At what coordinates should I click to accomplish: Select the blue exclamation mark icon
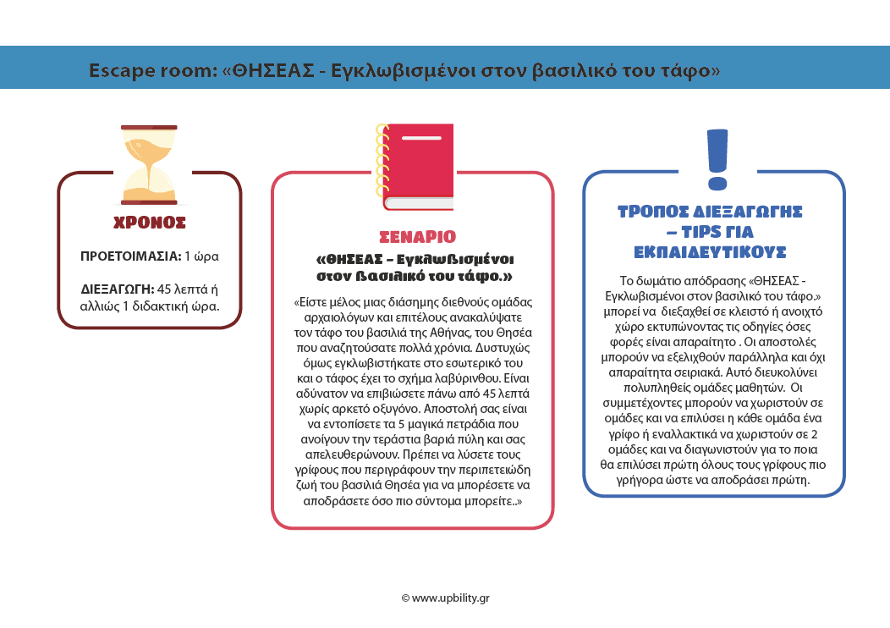tap(716, 159)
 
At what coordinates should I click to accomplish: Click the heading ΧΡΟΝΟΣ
tap(150, 223)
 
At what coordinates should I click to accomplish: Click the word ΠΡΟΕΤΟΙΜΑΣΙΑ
tap(129, 256)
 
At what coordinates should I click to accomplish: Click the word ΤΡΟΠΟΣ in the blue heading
tap(661, 212)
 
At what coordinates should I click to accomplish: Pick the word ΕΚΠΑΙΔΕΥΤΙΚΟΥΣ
tap(711, 252)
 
